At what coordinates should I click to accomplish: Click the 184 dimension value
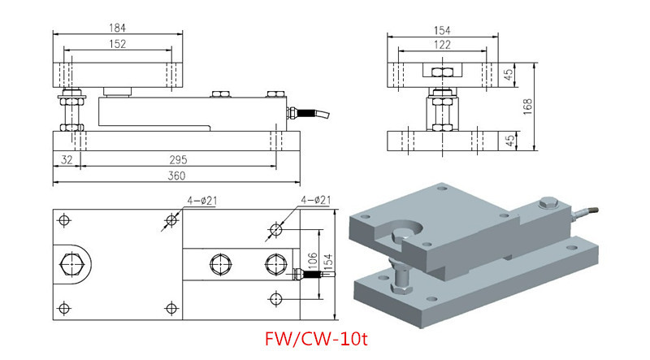[117, 28]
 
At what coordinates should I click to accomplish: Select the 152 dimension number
[117, 44]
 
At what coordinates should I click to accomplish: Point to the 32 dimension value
[67, 159]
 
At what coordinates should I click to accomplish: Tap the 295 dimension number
[178, 159]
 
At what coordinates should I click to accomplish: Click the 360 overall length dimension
[176, 176]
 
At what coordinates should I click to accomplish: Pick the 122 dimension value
[442, 45]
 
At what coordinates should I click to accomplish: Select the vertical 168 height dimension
[527, 107]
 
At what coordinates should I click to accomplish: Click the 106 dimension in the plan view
[313, 259]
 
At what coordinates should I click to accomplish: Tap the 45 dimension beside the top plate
[509, 75]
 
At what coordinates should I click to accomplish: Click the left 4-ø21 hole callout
[201, 202]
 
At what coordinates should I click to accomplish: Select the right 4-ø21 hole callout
[316, 201]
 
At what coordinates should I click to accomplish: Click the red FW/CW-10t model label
[316, 339]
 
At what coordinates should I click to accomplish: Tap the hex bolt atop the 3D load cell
[548, 204]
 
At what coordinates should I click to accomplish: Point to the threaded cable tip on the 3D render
[593, 210]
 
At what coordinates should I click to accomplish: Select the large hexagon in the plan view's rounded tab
[71, 264]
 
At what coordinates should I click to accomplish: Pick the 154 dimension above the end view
[442, 31]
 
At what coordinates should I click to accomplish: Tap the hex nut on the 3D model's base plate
[401, 288]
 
